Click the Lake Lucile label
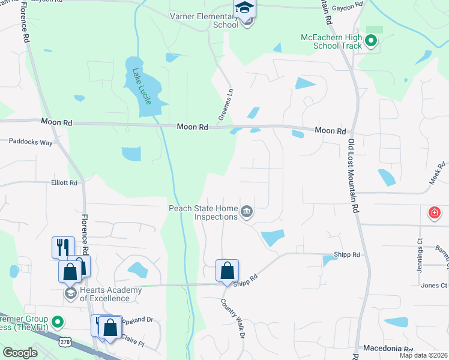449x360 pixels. click(143, 87)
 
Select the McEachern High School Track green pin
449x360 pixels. click(371, 41)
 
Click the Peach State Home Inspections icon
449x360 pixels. click(246, 212)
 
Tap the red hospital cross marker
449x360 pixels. click(434, 212)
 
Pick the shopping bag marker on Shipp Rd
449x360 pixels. click(228, 271)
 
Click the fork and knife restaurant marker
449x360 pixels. click(63, 247)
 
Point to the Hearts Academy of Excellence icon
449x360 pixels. click(70, 293)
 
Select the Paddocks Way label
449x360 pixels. click(31, 142)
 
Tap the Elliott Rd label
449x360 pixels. click(64, 182)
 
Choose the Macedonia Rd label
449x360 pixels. click(388, 349)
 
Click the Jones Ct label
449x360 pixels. click(434, 286)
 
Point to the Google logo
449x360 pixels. click(20, 353)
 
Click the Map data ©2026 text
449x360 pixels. click(423, 355)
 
